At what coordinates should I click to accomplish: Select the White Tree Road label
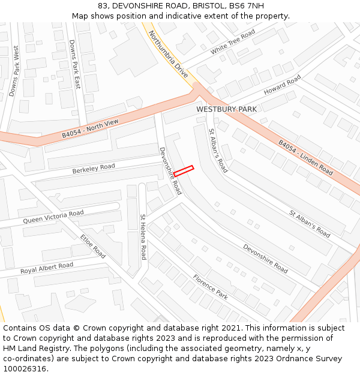tap(233, 42)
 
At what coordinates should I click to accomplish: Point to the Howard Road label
tap(282, 86)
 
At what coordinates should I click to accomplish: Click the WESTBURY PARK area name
tap(226, 109)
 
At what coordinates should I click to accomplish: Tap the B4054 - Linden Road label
tap(305, 157)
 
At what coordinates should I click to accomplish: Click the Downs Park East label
tap(74, 65)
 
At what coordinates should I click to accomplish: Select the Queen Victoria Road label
tap(53, 217)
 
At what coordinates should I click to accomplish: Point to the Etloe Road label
tap(93, 246)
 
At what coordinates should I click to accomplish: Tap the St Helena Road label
tap(143, 236)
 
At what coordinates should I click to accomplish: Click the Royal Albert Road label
tap(47, 268)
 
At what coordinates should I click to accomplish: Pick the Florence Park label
tap(210, 287)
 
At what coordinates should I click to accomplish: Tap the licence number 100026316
tap(25, 368)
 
